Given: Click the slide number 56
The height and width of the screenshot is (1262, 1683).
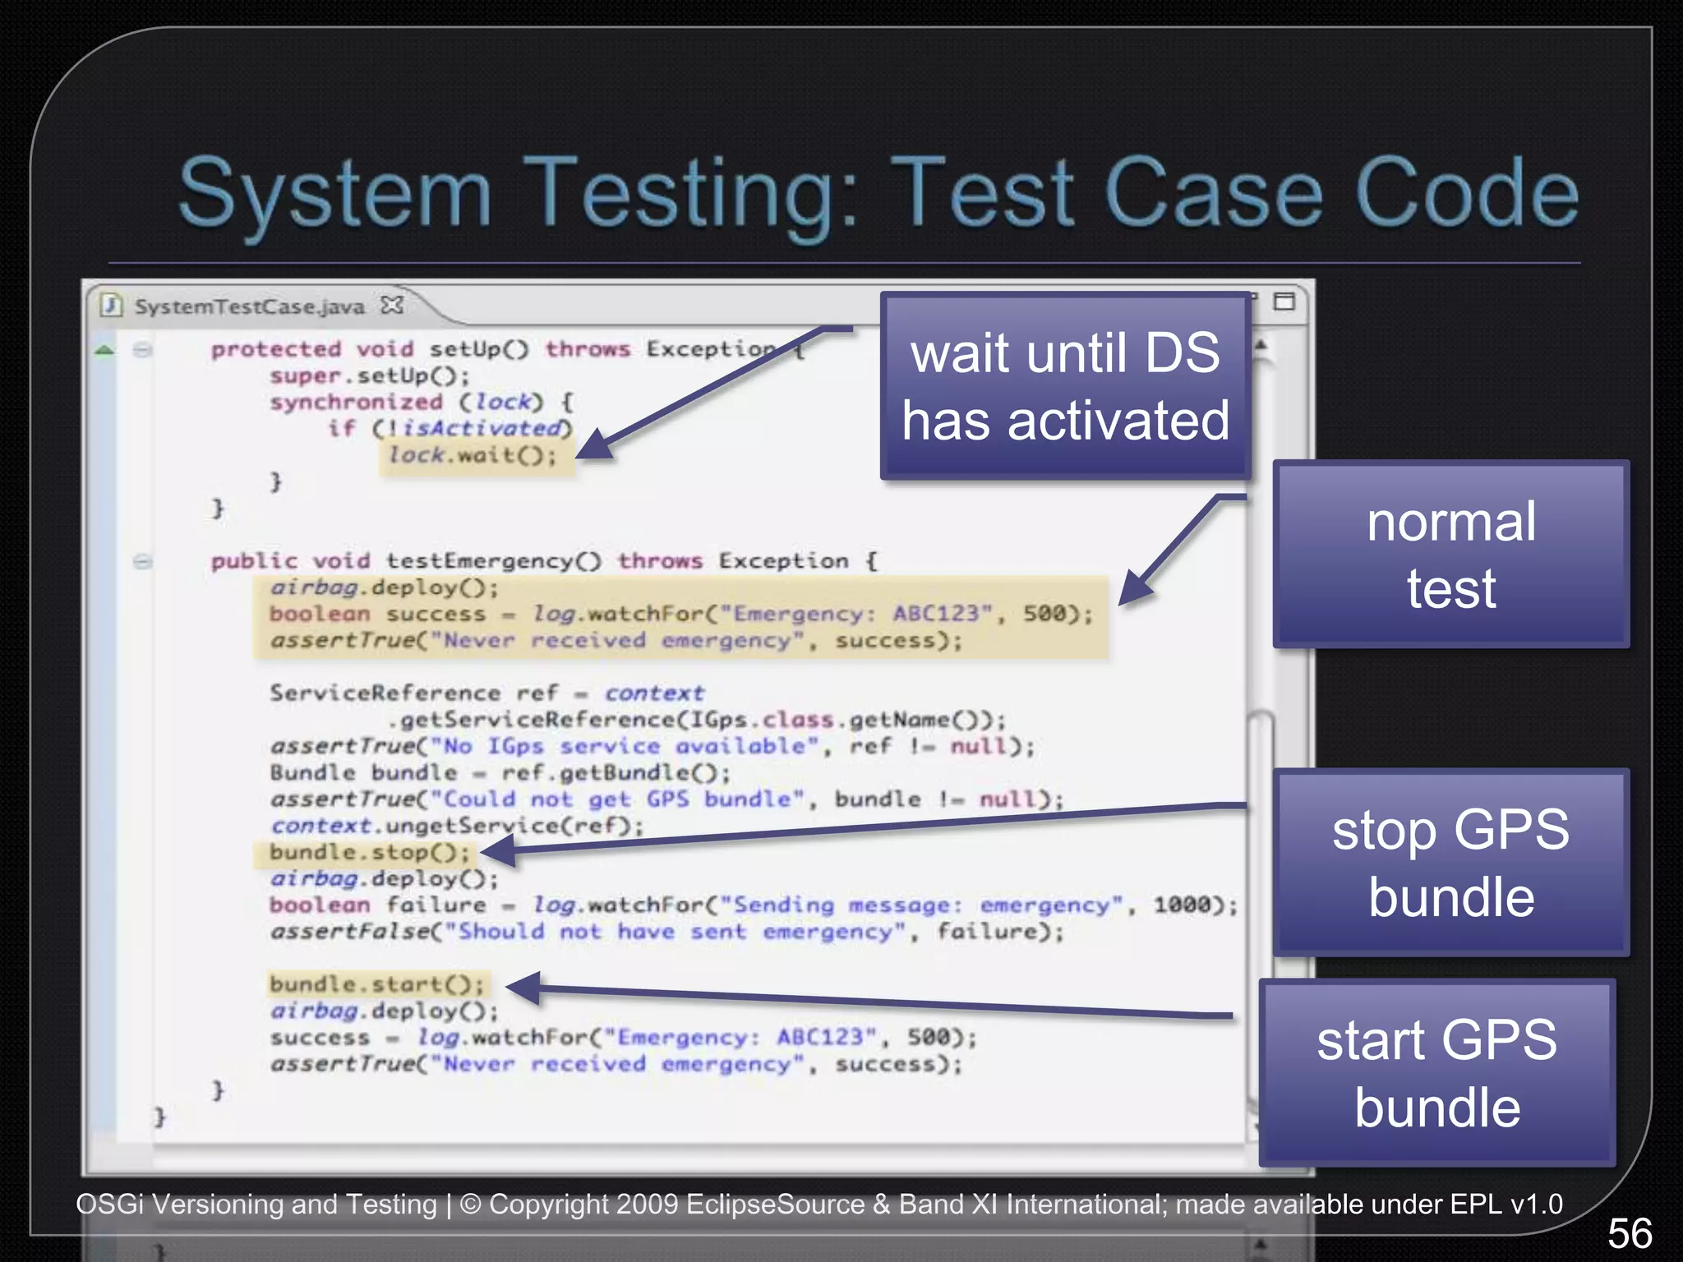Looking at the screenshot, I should click(x=1630, y=1233).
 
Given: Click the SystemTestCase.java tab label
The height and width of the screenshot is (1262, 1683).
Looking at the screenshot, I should click(x=249, y=306).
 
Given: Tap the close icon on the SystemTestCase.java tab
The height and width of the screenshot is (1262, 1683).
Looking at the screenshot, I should click(x=393, y=305).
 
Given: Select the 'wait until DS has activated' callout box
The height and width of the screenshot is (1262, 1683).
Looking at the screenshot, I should click(x=1065, y=386).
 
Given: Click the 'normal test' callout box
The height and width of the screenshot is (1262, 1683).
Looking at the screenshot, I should click(x=1450, y=555).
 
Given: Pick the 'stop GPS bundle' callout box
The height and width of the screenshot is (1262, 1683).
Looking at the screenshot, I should click(x=1450, y=863).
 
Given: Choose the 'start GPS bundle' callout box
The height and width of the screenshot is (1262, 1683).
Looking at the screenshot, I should click(x=1436, y=1073).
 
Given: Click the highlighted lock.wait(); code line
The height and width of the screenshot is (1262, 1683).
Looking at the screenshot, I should click(x=473, y=455).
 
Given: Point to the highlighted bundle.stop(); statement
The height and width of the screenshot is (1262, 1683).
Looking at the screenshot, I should click(x=370, y=853).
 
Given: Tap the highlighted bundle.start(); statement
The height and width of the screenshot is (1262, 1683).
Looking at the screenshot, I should click(x=376, y=984).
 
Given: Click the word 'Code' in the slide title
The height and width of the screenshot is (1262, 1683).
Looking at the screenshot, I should click(x=1466, y=194).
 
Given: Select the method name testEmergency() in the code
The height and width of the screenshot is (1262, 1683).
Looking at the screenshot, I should click(x=493, y=561).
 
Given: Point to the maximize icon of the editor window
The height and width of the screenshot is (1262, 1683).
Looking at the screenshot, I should click(x=1284, y=302).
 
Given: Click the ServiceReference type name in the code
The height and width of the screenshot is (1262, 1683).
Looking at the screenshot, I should click(x=385, y=693).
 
